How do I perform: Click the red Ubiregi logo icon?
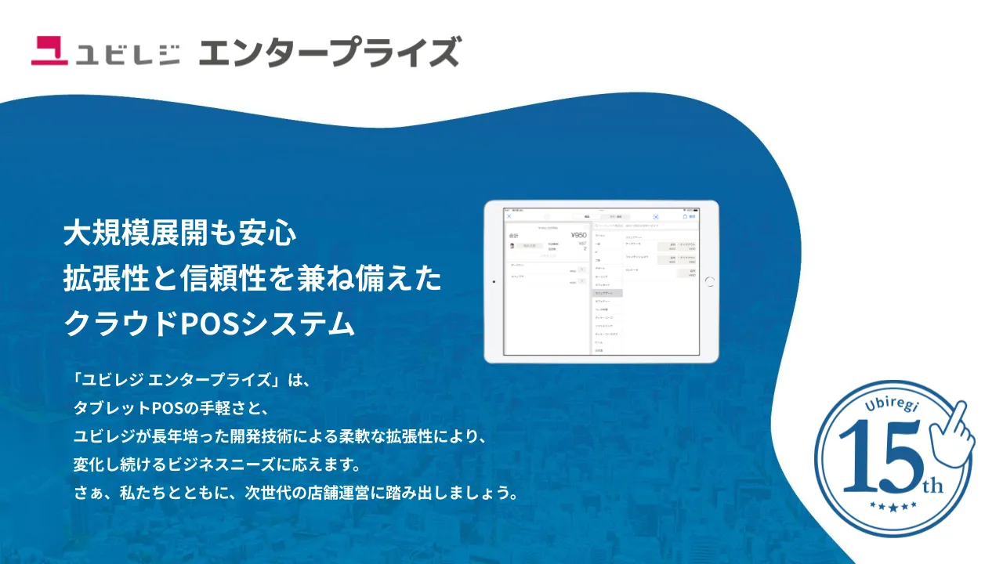[x=50, y=51]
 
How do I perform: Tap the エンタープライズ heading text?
[x=328, y=52]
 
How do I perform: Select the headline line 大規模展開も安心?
[x=179, y=233]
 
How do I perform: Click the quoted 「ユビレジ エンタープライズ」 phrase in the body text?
[x=181, y=381]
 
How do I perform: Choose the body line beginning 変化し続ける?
[x=216, y=465]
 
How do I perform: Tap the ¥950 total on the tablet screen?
[x=578, y=235]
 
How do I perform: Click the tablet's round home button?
[x=710, y=281]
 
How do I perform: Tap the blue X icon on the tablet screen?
[x=509, y=216]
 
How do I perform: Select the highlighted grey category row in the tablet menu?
[x=607, y=293]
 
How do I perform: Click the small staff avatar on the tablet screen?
[x=512, y=245]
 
